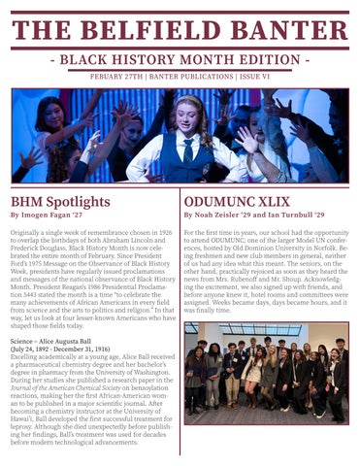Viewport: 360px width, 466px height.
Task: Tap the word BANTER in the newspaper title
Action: tap(285, 32)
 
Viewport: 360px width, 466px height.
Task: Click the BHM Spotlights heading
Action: tap(60, 202)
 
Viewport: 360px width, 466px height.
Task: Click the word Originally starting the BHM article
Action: tap(27, 234)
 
